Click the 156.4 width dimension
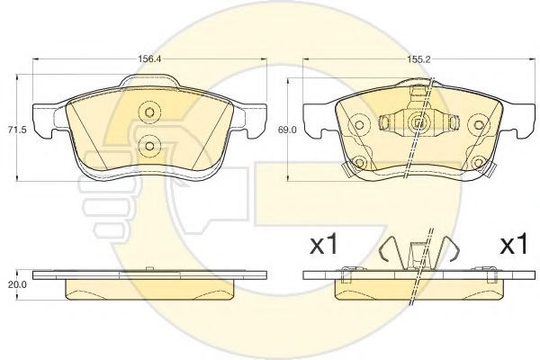click(149, 58)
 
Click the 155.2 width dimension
click(418, 58)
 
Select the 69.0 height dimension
click(286, 130)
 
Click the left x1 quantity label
click(324, 245)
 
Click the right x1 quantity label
click(514, 245)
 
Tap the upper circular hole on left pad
click(149, 112)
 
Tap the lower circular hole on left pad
click(149, 146)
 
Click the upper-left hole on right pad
click(359, 125)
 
